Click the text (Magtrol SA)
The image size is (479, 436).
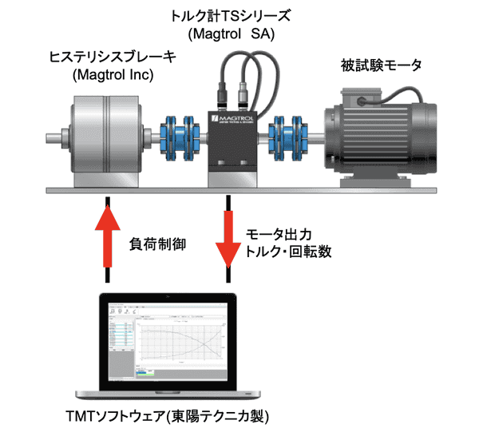[x=235, y=34]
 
